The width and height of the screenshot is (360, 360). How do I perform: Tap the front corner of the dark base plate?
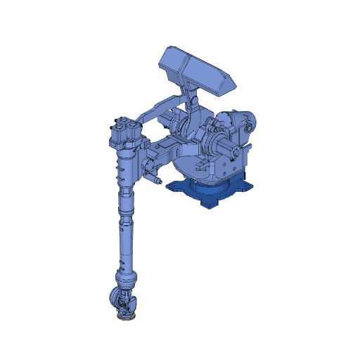(x=209, y=205)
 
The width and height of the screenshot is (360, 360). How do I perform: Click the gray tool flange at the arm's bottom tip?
(x=125, y=318)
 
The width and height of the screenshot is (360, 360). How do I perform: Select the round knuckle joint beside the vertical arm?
(x=147, y=165)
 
